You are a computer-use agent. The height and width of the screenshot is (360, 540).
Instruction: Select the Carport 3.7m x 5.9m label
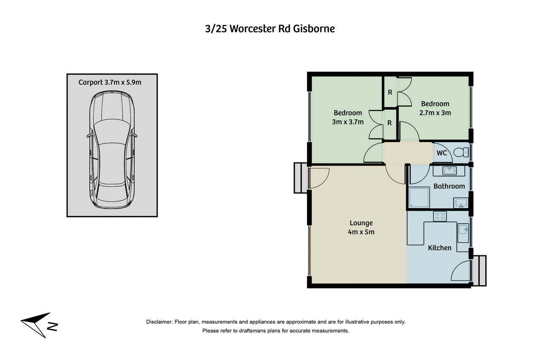pyautogui.click(x=110, y=82)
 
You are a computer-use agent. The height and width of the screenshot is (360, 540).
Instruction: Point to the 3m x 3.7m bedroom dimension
pyautogui.click(x=348, y=122)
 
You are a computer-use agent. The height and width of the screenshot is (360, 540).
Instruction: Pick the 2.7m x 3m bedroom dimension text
pyautogui.click(x=435, y=113)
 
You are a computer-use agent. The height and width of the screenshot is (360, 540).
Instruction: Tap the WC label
pyautogui.click(x=442, y=153)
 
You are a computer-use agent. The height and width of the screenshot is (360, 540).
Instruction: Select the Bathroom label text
pyautogui.click(x=449, y=186)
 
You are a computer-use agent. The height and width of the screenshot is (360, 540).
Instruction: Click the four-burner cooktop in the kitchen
pyautogui.click(x=440, y=216)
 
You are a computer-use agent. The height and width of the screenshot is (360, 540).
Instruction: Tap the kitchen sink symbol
pyautogui.click(x=463, y=230)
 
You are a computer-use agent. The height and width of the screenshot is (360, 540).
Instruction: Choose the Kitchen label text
pyautogui.click(x=440, y=248)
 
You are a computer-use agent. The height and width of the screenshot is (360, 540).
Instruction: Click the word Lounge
pyautogui.click(x=361, y=223)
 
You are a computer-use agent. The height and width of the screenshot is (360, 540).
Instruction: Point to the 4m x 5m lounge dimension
pyautogui.click(x=361, y=232)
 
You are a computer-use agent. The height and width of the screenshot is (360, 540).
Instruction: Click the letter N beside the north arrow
pyautogui.click(x=53, y=327)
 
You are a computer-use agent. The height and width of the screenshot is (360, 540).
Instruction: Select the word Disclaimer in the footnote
pyautogui.click(x=159, y=322)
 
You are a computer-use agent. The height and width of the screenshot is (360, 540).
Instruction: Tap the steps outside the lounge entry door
pyautogui.click(x=300, y=178)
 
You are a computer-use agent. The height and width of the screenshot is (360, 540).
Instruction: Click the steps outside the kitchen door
pyautogui.click(x=479, y=271)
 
